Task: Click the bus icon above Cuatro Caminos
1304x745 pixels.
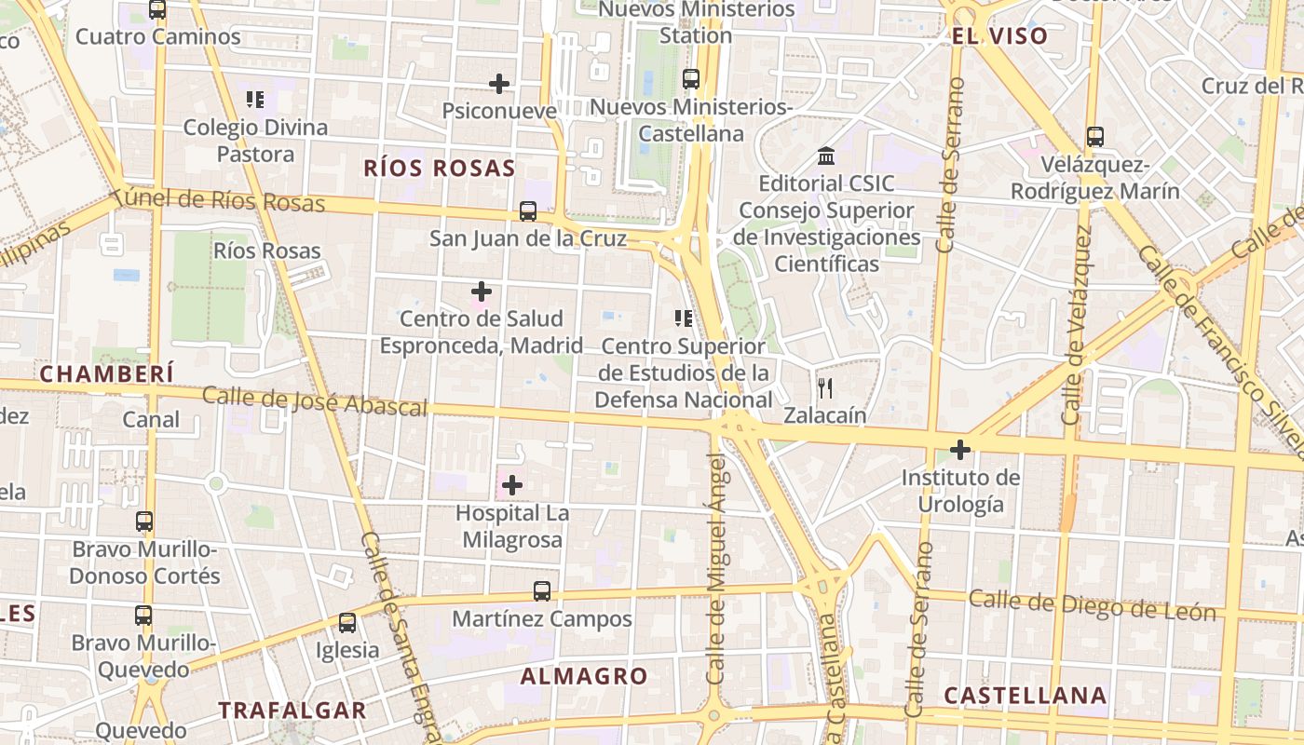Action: (157, 9)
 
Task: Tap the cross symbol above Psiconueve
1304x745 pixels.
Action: (499, 84)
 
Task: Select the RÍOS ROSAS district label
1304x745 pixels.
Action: (439, 169)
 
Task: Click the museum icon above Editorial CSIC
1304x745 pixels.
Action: (825, 156)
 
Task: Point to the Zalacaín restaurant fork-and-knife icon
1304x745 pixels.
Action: (824, 387)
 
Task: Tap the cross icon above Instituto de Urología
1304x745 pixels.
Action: (959, 451)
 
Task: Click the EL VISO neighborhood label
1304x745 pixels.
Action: (999, 36)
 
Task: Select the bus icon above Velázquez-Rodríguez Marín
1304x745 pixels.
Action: (1095, 137)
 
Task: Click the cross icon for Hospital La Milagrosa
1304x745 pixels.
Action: (511, 485)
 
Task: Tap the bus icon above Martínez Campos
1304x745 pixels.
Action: (541, 591)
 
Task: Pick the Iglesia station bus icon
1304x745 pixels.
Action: (346, 623)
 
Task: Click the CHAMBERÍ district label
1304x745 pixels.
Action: (107, 373)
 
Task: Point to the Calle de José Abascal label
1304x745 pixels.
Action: (315, 401)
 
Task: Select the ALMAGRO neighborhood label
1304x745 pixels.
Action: (583, 677)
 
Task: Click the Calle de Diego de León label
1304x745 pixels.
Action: (1092, 605)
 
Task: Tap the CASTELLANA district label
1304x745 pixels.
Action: (1025, 696)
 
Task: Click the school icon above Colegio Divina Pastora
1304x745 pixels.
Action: (255, 100)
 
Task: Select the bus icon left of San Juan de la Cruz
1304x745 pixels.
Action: (527, 211)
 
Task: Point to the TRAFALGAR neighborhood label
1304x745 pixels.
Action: (292, 711)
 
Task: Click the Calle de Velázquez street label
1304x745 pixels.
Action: (1076, 326)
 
